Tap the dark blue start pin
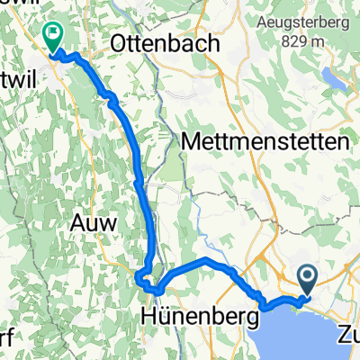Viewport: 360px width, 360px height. [307, 280]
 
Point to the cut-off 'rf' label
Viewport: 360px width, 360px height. [6, 344]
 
